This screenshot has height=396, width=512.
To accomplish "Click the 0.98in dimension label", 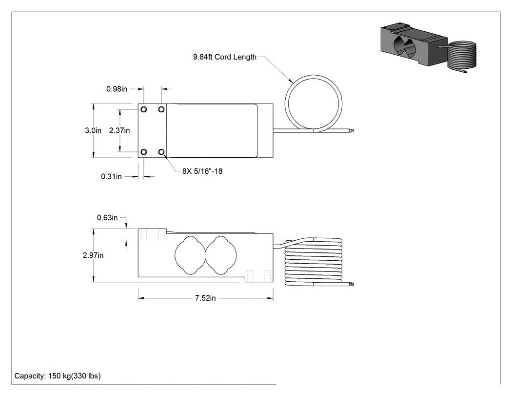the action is [x=117, y=89].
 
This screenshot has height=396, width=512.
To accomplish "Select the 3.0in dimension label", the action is [x=93, y=130].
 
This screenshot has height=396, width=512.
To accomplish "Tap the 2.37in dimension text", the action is [x=119, y=130].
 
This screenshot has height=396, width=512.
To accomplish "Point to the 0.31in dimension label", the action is [x=111, y=177].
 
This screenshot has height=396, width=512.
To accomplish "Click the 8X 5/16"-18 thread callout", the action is [x=202, y=171].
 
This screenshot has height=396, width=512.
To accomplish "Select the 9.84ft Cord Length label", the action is [x=225, y=57].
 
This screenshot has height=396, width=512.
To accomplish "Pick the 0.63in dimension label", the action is [x=107, y=218].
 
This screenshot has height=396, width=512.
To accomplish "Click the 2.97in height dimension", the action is [x=93, y=255].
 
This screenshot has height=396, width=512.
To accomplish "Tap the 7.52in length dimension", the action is [x=205, y=298].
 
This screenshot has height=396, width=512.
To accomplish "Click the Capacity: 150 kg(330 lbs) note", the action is [x=58, y=376].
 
